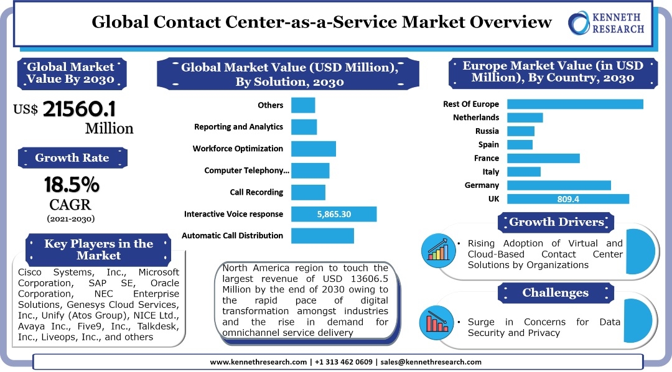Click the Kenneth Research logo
[x=606, y=23]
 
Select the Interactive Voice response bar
[x=334, y=214]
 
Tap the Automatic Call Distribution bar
[x=322, y=236]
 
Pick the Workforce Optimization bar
[x=313, y=149]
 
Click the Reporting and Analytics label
[x=238, y=127]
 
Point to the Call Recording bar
[x=308, y=192]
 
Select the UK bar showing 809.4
[x=567, y=199]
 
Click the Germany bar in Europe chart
[x=559, y=185]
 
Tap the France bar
[x=543, y=158]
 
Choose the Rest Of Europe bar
[x=575, y=104]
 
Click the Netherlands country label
[x=475, y=118]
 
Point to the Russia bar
[x=521, y=131]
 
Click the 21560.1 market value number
[x=79, y=109]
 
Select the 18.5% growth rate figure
[x=72, y=185]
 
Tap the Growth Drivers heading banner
[x=556, y=222]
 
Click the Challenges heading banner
[x=555, y=292]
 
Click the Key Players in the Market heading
[x=98, y=249]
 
